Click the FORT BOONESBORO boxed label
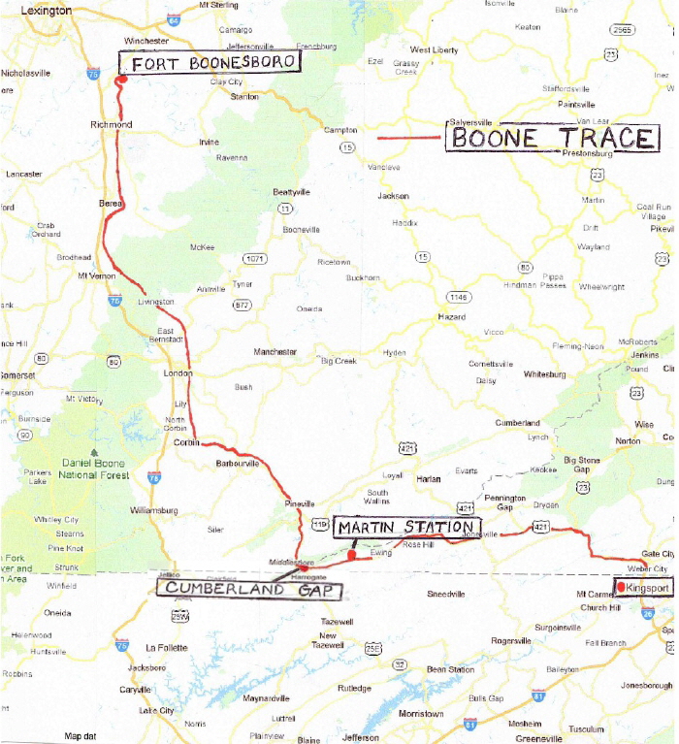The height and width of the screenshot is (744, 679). click(x=209, y=63)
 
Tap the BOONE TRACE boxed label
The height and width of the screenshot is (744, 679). click(x=552, y=138)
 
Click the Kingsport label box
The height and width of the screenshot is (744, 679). click(x=647, y=588)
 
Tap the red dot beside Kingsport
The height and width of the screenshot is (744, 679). click(x=621, y=587)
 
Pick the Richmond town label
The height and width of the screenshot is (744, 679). click(x=111, y=125)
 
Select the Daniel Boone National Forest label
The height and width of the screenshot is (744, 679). click(x=94, y=470)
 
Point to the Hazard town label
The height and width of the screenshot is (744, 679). click(x=451, y=317)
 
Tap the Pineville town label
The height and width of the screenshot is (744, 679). click(x=301, y=504)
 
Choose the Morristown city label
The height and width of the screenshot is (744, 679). click(x=420, y=714)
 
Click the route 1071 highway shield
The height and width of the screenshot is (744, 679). click(x=254, y=259)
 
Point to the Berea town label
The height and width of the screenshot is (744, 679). click(x=112, y=204)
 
